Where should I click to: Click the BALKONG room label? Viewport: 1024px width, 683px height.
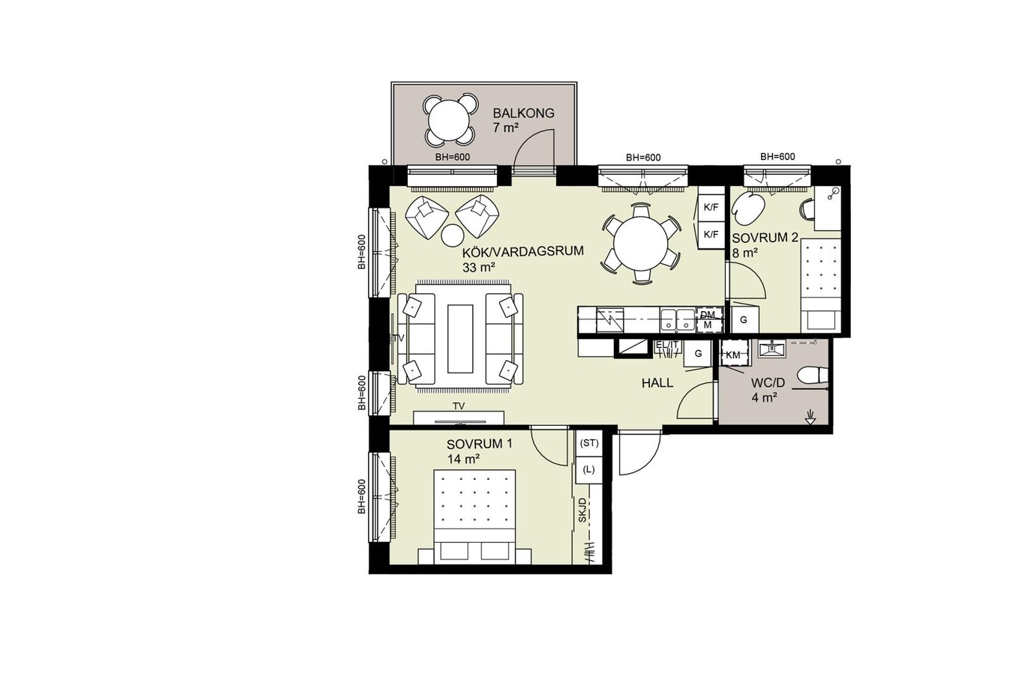click(523, 113)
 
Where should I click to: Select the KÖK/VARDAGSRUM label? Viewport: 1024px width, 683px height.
click(523, 251)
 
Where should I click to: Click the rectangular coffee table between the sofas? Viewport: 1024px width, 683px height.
click(460, 339)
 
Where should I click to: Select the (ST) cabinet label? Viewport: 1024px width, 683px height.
click(588, 443)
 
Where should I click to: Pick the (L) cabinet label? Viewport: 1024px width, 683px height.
click(588, 469)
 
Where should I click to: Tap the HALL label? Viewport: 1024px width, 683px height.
click(657, 383)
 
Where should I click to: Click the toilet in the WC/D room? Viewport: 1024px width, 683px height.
click(813, 376)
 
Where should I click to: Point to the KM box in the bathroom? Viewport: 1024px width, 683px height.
click(733, 355)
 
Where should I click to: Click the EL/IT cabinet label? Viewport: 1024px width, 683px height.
click(667, 345)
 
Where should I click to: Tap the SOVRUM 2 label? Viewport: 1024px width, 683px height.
click(765, 238)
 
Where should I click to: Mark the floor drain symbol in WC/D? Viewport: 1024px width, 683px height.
click(810, 418)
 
